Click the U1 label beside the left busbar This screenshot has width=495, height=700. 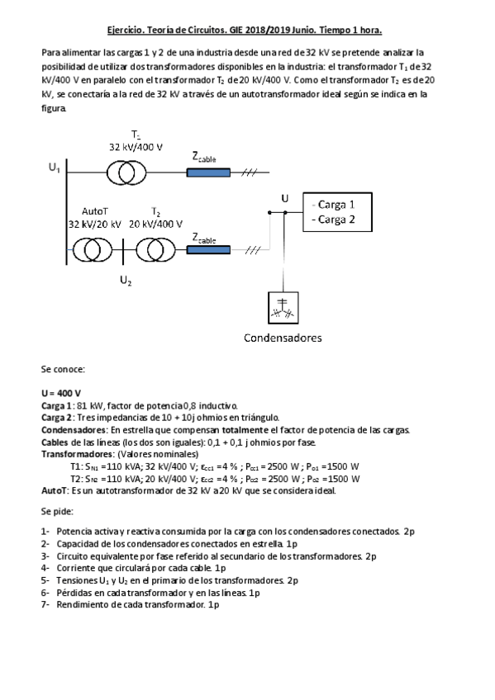(x=55, y=168)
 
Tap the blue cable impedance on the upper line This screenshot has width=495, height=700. (x=208, y=173)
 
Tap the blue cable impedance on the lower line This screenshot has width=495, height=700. (x=208, y=249)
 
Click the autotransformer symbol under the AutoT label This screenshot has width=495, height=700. (x=92, y=249)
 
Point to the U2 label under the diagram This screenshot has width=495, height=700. (x=125, y=281)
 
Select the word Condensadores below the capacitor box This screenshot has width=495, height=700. (x=282, y=338)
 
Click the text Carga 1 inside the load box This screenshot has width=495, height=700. (x=333, y=204)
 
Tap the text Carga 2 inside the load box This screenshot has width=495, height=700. (x=333, y=219)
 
